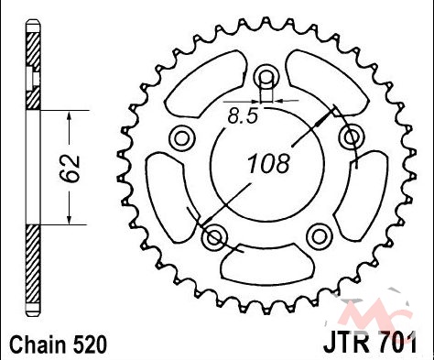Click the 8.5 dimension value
point(243,116)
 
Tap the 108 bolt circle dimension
point(268,163)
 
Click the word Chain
point(38,345)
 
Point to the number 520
point(90,345)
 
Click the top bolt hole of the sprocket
point(266,76)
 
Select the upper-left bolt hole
point(181,138)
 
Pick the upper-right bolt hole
point(352,137)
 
